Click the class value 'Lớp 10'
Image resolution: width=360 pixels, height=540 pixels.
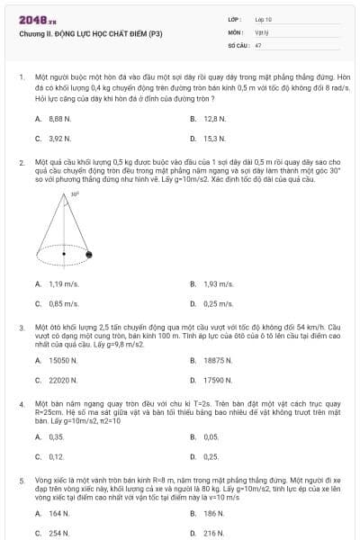pyautogui.click(x=263, y=19)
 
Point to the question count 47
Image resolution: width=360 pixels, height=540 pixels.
pyautogui.click(x=258, y=44)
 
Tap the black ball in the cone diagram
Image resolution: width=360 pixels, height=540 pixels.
pyautogui.click(x=88, y=257)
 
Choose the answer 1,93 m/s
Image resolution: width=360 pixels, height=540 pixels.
pyautogui.click(x=217, y=283)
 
